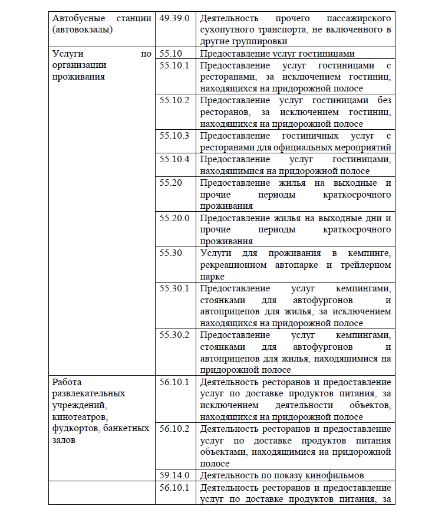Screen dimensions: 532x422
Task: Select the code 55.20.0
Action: (174, 218)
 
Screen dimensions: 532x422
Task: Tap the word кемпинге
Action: (369, 253)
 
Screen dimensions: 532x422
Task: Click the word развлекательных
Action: (89, 393)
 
